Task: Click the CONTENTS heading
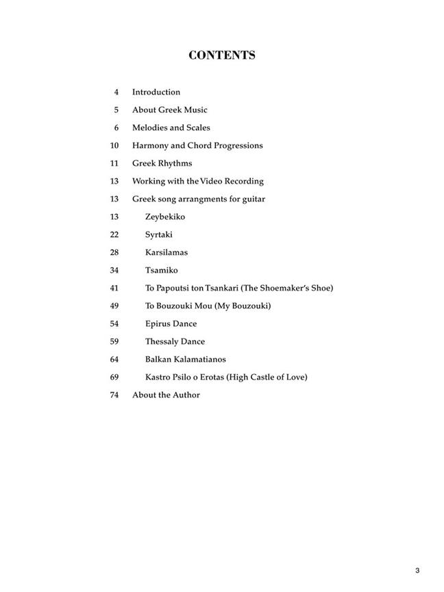click(x=222, y=56)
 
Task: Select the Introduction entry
click(x=156, y=92)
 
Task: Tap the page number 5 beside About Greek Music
click(x=116, y=110)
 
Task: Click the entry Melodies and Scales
click(x=171, y=127)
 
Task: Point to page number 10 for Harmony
click(x=114, y=145)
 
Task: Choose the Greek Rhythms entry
click(x=162, y=163)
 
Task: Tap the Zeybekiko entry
click(x=165, y=217)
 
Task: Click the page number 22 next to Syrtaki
click(x=114, y=234)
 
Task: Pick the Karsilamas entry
click(x=166, y=252)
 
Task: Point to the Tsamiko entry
click(x=161, y=270)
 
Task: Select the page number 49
click(x=114, y=306)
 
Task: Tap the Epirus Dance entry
click(x=171, y=323)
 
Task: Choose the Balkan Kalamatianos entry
click(x=185, y=359)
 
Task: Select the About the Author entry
click(x=166, y=395)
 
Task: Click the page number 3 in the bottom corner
click(x=417, y=552)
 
